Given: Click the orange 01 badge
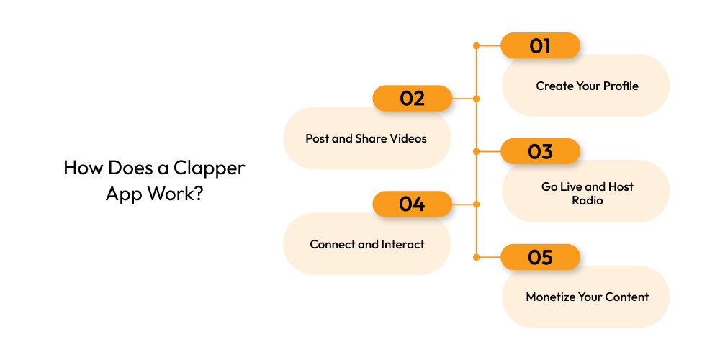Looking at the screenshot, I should pos(540,46).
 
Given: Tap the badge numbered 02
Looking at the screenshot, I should pos(412,99).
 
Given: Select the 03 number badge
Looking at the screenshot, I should pos(540,152).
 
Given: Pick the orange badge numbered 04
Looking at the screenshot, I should pos(412,204).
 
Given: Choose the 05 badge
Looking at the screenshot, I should pos(540,257).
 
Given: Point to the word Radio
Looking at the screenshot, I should pos(588,200).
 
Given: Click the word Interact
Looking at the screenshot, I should pos(401,244).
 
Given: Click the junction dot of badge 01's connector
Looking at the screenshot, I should pos(476,46).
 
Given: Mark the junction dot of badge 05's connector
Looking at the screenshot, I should pos(476,257).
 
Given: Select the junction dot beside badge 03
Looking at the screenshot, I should pos(476,152).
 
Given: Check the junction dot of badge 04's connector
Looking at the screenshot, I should pos(476,204).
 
